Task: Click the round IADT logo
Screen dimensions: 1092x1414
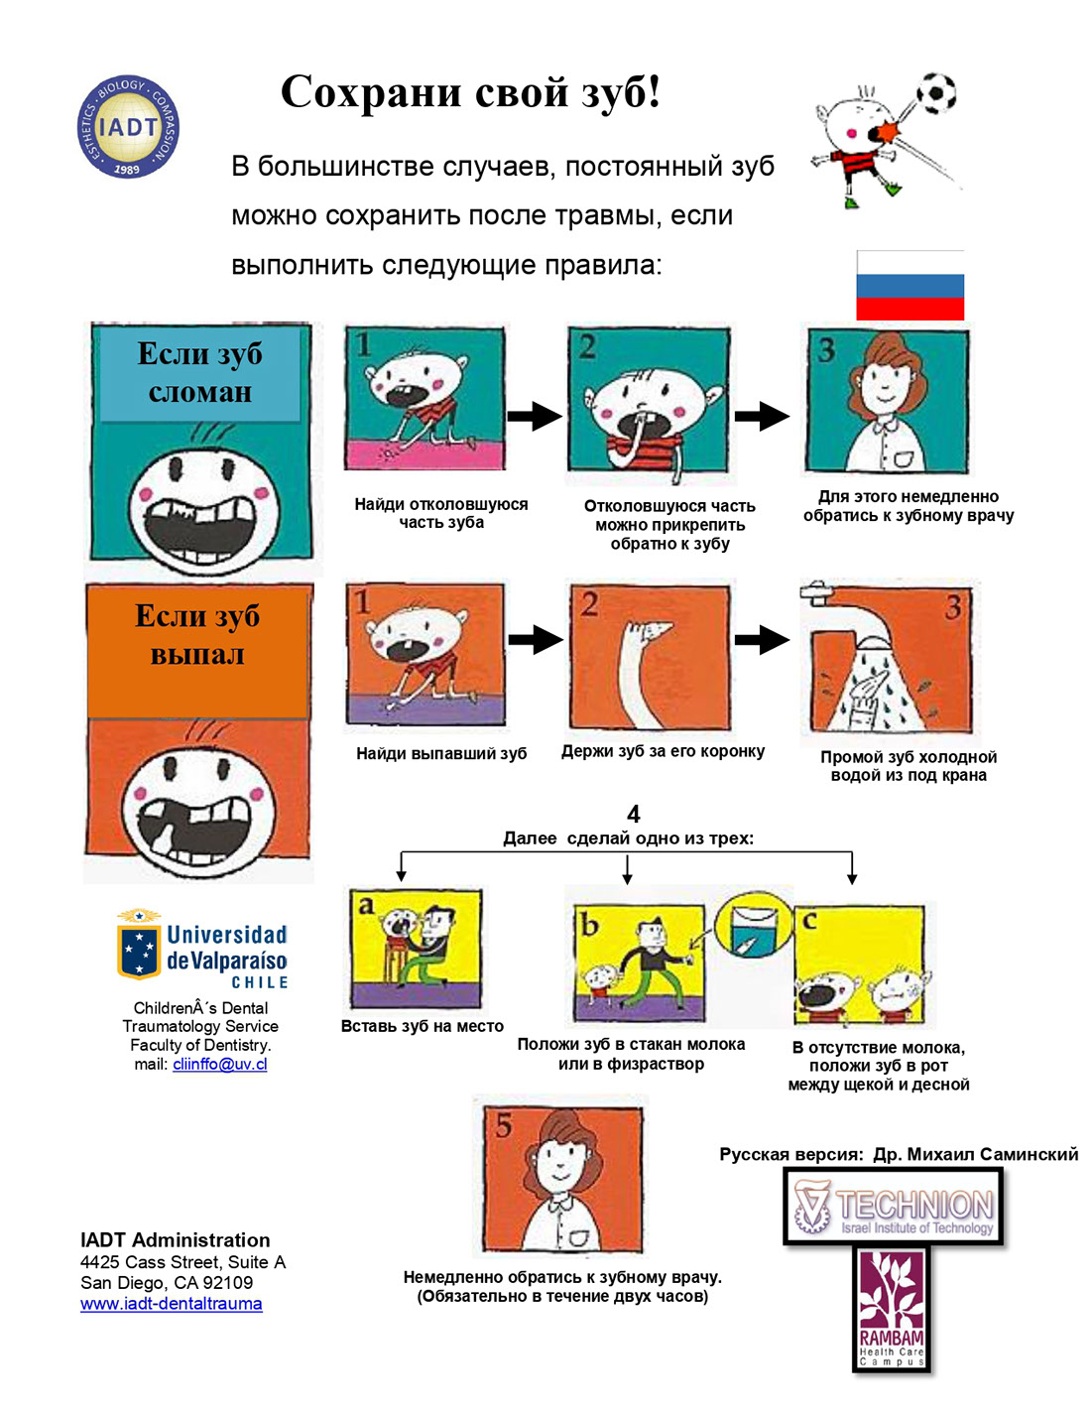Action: pos(128,126)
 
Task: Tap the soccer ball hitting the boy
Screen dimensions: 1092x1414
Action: pos(936,93)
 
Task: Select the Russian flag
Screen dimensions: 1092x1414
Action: pos(910,285)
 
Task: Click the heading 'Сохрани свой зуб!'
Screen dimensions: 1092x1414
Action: pos(470,91)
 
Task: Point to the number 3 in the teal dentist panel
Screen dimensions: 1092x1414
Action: pos(826,350)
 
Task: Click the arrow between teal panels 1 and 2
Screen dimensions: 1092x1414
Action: pos(535,416)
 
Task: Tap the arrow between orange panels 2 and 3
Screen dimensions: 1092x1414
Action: pos(762,640)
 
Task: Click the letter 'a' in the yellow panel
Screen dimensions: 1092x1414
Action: pos(366,906)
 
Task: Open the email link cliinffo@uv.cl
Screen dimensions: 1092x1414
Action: pos(220,1064)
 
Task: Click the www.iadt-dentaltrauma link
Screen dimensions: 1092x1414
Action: pos(171,1304)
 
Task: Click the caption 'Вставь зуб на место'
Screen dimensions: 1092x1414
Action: pos(423,1026)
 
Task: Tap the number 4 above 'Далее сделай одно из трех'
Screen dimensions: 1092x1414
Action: pos(633,814)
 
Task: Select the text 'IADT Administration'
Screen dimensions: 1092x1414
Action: pos(175,1239)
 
